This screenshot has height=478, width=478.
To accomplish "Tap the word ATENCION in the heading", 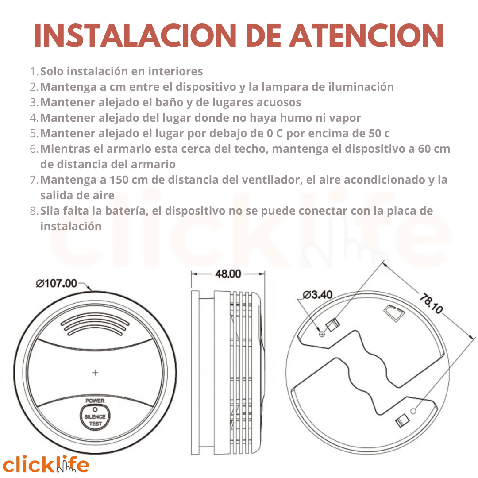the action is [x=366, y=35].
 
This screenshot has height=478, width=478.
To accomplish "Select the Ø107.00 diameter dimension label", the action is [x=57, y=284].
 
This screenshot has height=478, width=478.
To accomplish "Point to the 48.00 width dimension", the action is [x=228, y=274].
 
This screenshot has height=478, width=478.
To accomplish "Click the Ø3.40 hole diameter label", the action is [x=317, y=295].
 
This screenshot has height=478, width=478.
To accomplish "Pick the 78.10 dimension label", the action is [x=431, y=303].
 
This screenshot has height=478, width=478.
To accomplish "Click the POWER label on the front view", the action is [x=95, y=401].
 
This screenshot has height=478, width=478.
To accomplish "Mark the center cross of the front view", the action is [x=95, y=373].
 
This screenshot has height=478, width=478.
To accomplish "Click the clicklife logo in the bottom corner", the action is [x=46, y=463].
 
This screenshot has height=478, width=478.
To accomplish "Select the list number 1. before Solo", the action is [x=34, y=71].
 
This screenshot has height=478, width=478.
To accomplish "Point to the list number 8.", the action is [x=34, y=211].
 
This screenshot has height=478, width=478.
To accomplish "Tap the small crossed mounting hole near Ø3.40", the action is [x=322, y=334].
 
